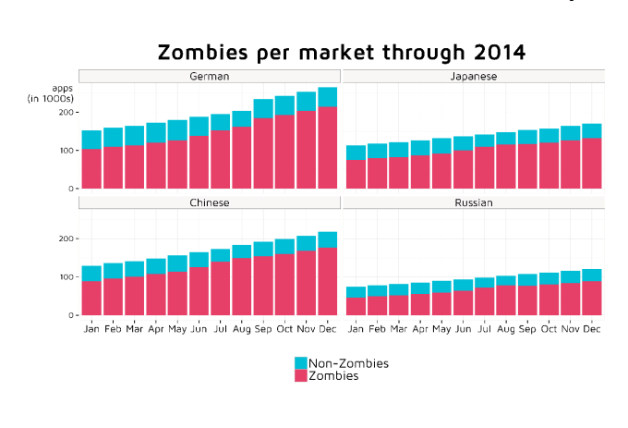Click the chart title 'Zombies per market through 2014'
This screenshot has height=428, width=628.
[341, 52]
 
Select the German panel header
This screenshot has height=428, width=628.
[210, 76]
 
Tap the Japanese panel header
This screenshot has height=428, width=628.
[473, 76]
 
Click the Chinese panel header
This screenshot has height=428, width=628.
[210, 202]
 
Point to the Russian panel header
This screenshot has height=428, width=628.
[473, 202]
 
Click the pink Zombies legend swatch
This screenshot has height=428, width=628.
[300, 376]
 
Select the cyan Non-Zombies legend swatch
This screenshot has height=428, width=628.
[300, 363]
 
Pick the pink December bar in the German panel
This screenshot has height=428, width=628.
[327, 148]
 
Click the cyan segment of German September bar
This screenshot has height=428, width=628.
[263, 108]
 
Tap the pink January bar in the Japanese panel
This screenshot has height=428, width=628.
[356, 174]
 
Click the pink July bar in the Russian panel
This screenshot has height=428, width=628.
[484, 301]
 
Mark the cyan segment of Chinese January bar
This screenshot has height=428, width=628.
[91, 273]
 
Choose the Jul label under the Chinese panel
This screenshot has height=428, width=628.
[220, 328]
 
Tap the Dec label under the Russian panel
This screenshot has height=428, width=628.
[591, 328]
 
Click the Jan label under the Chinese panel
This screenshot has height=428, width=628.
[91, 328]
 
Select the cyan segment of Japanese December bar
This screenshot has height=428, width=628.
[591, 130]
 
